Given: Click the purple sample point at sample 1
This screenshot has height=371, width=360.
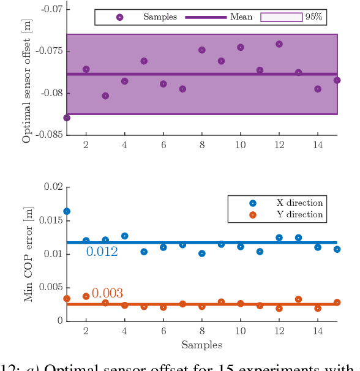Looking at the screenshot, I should [x=67, y=118].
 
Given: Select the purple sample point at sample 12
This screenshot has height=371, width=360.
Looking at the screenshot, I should [x=279, y=44].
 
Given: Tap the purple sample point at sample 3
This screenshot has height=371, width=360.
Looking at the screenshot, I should [x=105, y=96].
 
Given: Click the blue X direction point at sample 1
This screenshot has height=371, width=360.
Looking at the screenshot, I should [x=67, y=211].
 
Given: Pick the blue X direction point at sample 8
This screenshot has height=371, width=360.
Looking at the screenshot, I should [x=202, y=253].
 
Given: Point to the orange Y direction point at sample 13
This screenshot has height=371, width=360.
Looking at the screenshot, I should [x=298, y=299].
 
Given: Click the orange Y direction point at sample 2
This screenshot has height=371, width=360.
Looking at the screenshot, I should [x=86, y=296].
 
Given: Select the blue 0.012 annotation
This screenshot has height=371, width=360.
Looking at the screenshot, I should [x=102, y=252].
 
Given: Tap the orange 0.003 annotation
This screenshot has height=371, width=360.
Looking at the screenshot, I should [x=107, y=293].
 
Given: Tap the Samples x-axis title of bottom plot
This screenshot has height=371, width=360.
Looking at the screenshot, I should [x=201, y=345].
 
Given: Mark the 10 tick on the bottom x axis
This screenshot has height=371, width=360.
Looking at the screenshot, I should [x=241, y=331].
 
